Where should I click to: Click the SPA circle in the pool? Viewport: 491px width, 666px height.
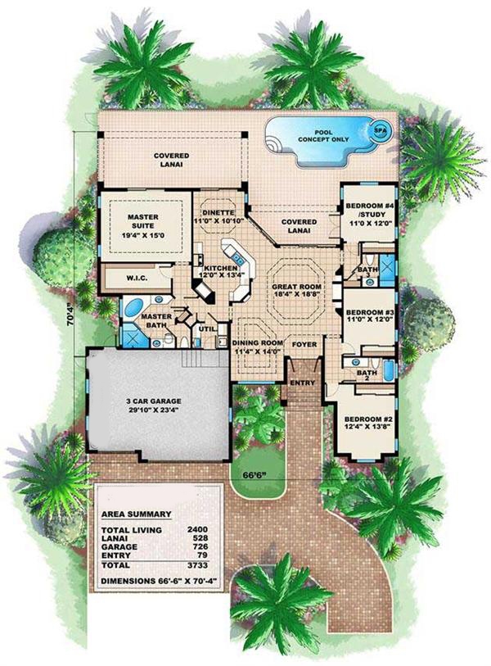pos(380,129)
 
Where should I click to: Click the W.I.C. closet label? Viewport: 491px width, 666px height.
pos(136,279)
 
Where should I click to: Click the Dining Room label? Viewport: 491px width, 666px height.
pos(258,347)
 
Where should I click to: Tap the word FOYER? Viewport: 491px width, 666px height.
pos(304,344)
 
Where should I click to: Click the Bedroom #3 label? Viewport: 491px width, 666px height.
pos(365,318)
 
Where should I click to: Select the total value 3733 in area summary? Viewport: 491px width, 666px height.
pos(199,565)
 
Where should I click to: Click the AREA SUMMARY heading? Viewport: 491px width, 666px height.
pos(136,514)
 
